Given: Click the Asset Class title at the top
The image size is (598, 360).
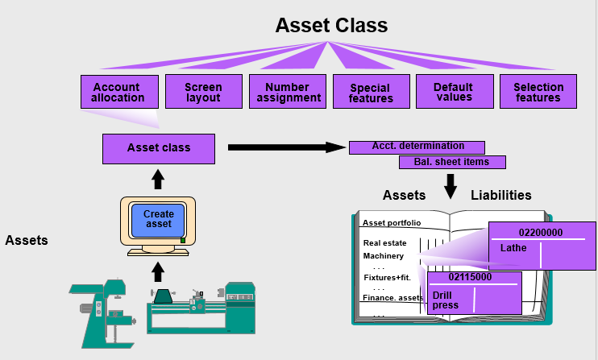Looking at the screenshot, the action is click(x=331, y=25).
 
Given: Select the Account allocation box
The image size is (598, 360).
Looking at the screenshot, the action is click(x=119, y=92).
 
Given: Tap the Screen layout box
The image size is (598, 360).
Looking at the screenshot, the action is click(x=204, y=92).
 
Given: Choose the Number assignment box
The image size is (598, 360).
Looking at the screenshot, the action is click(x=288, y=92).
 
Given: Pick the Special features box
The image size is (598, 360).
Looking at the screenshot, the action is click(x=371, y=92).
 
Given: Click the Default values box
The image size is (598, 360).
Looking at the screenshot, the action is click(x=455, y=92).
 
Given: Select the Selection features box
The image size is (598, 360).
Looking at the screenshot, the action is click(x=538, y=92).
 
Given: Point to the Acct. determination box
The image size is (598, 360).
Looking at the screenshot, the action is click(x=417, y=147).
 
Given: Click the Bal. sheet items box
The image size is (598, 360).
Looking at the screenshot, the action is click(x=452, y=162).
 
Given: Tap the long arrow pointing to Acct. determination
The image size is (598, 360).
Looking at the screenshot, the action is click(x=287, y=147).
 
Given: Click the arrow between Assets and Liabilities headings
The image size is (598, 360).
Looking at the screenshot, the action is click(x=451, y=187).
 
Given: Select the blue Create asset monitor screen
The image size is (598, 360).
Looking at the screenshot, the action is click(x=158, y=220).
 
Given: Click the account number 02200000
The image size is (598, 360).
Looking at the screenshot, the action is click(x=541, y=233).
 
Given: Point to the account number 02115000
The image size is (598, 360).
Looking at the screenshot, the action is click(x=470, y=277).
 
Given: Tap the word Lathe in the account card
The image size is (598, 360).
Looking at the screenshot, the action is click(x=513, y=248).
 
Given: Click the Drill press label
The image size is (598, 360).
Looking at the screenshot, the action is click(x=445, y=300).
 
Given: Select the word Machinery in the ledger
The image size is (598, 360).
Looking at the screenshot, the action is click(x=384, y=256).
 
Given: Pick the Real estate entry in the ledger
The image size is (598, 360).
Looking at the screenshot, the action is click(x=384, y=243).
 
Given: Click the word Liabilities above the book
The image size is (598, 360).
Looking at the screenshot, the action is click(x=500, y=195).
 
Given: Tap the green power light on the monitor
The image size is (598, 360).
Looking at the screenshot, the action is click(x=183, y=240).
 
